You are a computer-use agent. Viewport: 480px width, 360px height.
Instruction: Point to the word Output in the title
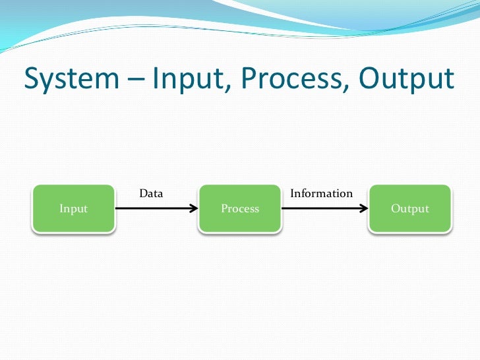click(407, 79)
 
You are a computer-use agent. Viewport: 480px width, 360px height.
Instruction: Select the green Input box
click(73, 208)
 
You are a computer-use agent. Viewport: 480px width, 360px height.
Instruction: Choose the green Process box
click(240, 208)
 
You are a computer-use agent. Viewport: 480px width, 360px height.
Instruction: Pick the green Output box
click(409, 208)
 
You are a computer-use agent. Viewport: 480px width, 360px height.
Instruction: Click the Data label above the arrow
click(151, 193)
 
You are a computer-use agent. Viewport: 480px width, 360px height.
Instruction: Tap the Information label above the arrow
click(321, 193)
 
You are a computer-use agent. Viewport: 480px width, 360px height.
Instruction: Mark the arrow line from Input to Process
click(155, 208)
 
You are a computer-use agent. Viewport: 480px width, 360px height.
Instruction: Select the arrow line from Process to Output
click(323, 208)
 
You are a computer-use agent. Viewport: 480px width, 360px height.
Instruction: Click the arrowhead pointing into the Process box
click(193, 208)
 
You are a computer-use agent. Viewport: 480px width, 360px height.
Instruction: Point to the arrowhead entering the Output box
click(363, 208)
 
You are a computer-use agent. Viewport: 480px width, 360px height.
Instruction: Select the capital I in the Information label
click(293, 193)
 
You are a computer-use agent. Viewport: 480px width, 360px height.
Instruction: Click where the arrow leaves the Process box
click(284, 208)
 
